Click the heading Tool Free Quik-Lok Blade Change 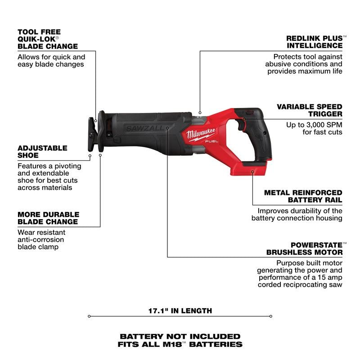(x=47, y=39)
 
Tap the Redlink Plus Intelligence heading (x=314, y=42)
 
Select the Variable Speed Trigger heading (x=309, y=110)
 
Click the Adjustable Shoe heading (x=42, y=152)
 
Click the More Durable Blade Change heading (x=48, y=218)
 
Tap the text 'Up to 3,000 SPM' (x=315, y=124)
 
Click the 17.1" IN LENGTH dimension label (x=180, y=310)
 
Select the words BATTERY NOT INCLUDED (x=180, y=336)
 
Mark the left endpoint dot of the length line (x=89, y=316)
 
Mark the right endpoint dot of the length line (x=271, y=316)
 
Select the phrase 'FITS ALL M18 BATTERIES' (x=180, y=345)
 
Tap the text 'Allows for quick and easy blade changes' (x=51, y=61)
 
